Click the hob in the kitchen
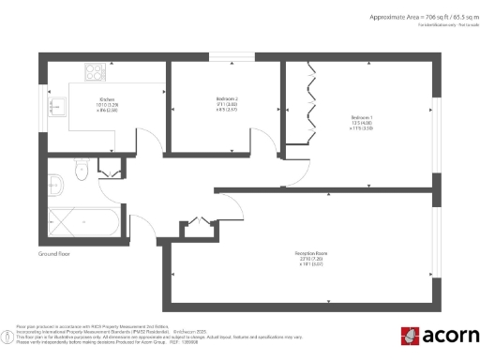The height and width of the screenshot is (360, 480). coord(96,70)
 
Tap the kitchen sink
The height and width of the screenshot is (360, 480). coord(54,105)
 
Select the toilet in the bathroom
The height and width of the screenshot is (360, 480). coord(82,172)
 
